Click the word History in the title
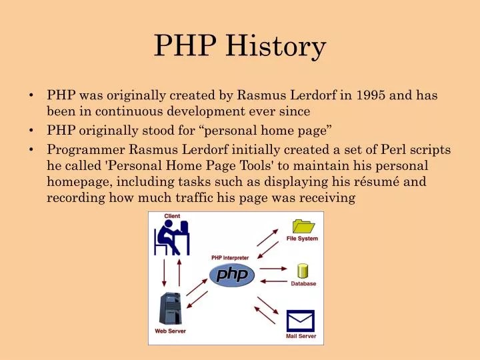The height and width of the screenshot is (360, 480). [x=276, y=47]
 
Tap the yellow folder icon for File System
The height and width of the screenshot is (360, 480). [x=303, y=226]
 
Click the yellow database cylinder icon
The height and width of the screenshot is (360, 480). [x=303, y=271]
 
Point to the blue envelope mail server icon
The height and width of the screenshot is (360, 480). [x=300, y=321]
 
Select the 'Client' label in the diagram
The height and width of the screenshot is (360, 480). [x=172, y=216]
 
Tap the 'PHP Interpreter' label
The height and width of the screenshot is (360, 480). [x=230, y=257]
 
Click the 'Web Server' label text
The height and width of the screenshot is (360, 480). [x=170, y=331]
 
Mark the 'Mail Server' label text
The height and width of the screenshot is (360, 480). [x=301, y=337]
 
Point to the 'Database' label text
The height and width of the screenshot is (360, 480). [x=303, y=283]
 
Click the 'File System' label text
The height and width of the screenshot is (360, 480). [x=302, y=239]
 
